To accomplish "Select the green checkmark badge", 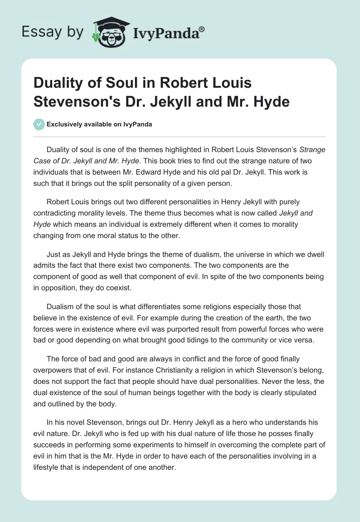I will (x=39, y=124).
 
